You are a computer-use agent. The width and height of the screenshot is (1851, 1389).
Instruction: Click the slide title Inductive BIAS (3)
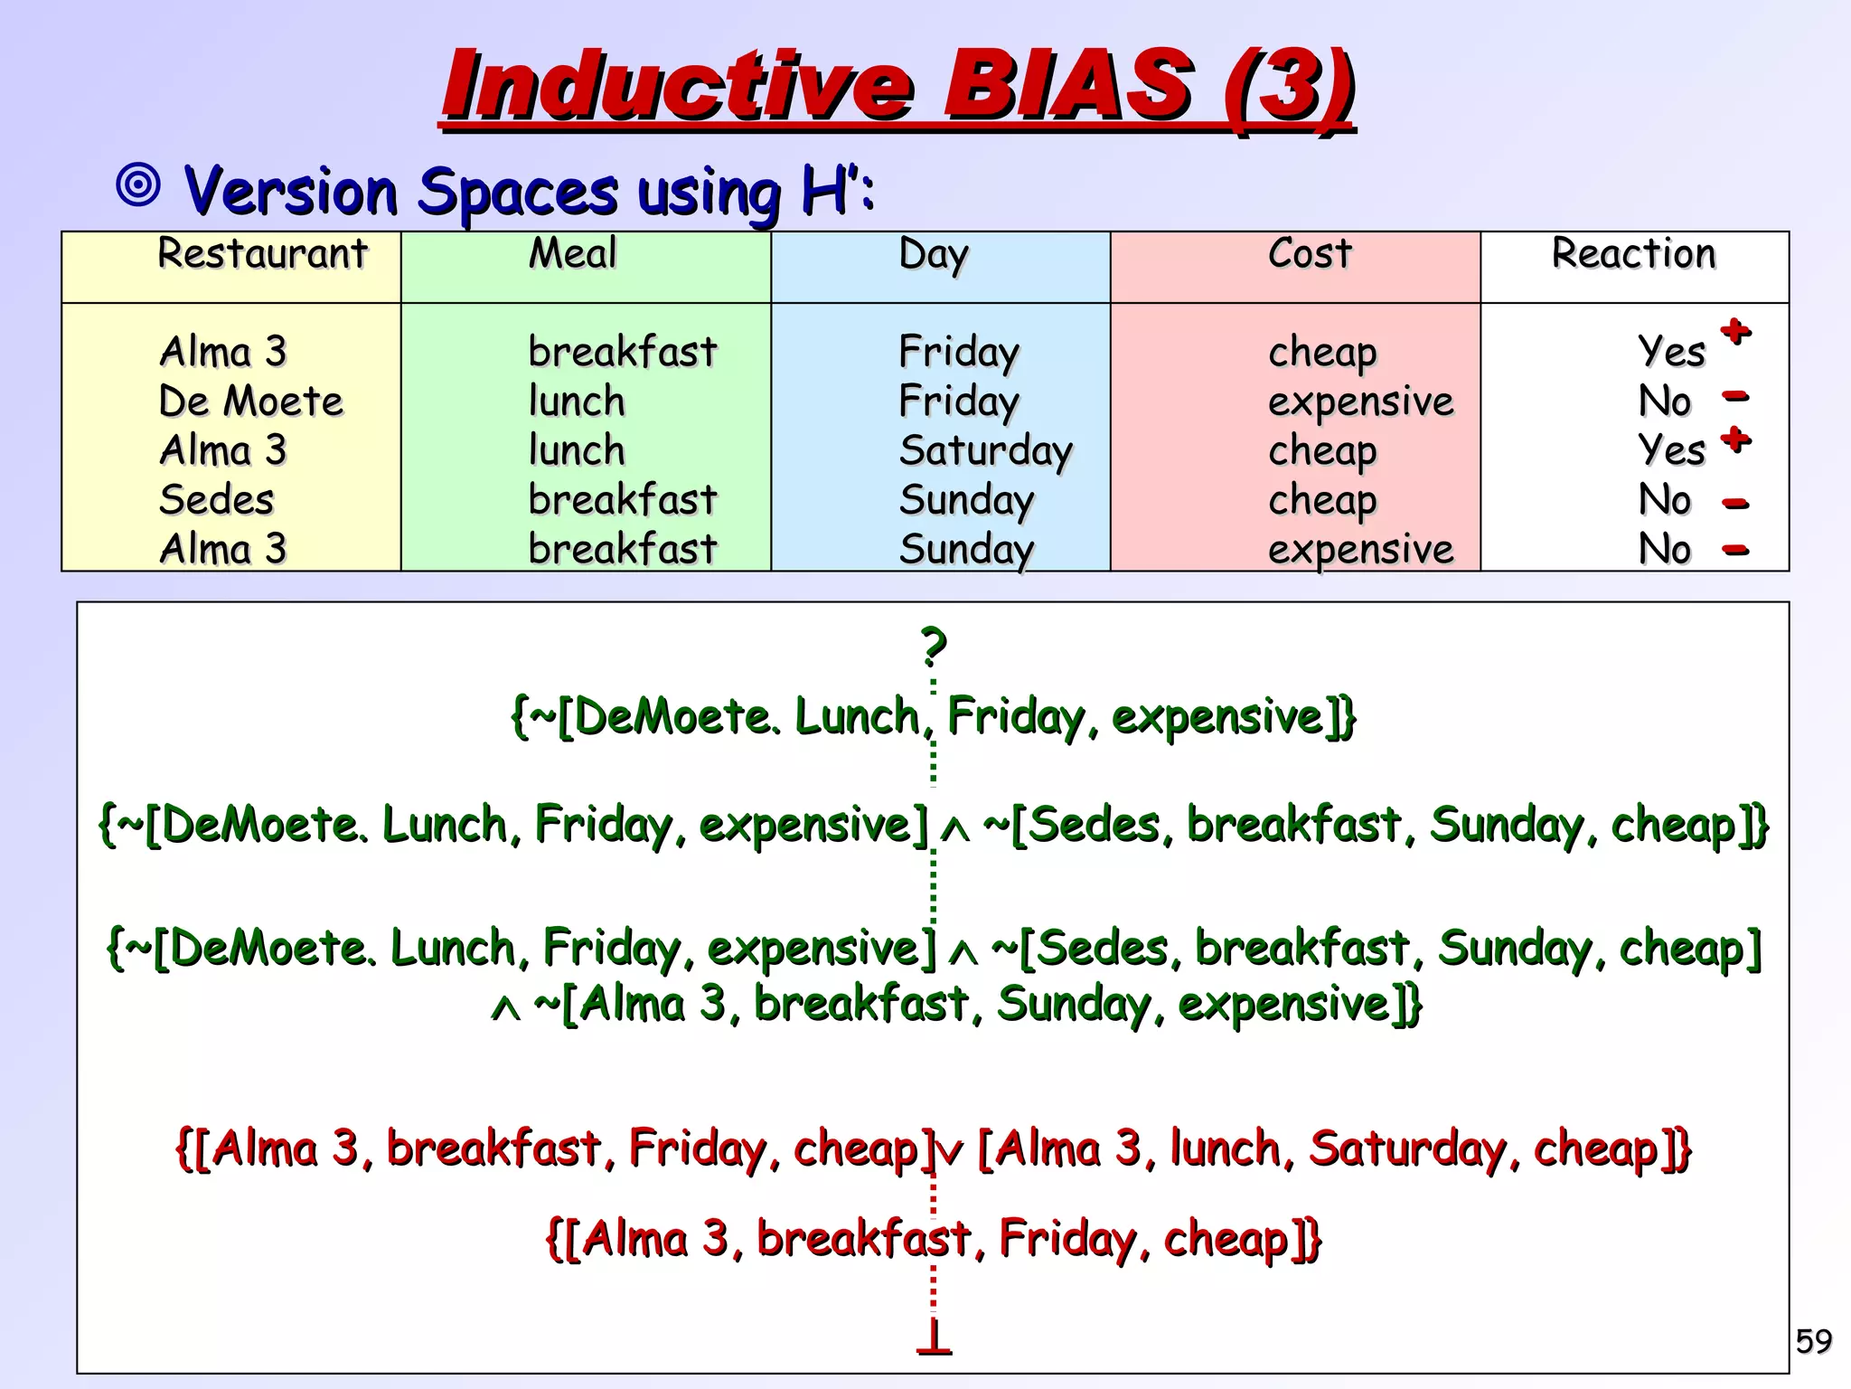[897, 86]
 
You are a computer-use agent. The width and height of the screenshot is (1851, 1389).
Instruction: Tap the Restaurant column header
[262, 253]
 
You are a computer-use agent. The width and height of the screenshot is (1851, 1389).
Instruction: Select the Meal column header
[572, 253]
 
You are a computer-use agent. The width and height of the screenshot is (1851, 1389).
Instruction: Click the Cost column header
[1310, 253]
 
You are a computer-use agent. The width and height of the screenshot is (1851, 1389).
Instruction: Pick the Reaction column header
[1633, 253]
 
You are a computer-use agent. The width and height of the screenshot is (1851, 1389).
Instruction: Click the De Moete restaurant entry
[251, 401]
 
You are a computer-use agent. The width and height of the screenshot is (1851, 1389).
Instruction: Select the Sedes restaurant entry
[216, 499]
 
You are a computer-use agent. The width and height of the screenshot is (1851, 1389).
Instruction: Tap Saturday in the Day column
[985, 450]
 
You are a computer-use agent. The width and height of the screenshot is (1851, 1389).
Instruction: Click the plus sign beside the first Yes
[1735, 331]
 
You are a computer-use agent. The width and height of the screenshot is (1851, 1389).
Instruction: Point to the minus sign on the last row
[1735, 549]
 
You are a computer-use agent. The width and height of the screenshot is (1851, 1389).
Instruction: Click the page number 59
[1813, 1340]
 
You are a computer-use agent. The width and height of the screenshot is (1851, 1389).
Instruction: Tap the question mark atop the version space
[934, 646]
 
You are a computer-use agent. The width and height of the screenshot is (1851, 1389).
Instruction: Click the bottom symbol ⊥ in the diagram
[934, 1337]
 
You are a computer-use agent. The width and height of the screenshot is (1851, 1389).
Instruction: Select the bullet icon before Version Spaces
[139, 185]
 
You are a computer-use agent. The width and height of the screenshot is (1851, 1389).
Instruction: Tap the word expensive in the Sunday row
[1360, 549]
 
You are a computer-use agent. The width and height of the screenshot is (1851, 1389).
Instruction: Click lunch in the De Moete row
[577, 401]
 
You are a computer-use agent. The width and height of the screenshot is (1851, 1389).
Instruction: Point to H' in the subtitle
[827, 192]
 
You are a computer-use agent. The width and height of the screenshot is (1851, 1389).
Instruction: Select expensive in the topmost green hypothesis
[1217, 717]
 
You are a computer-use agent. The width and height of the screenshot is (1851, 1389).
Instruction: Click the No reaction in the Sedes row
[1664, 499]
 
